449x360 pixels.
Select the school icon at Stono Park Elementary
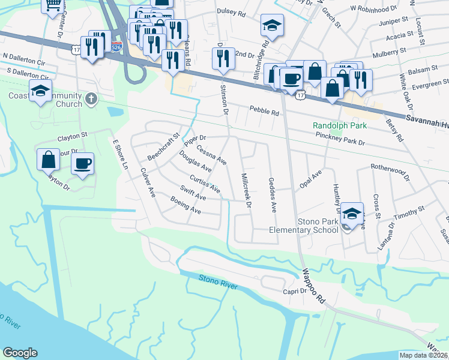tap(354, 212)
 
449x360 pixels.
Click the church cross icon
tap(91, 98)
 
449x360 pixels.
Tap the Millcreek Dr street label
tap(246, 190)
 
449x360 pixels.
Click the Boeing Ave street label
tap(185, 206)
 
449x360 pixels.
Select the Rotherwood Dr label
tap(390, 172)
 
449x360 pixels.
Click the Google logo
tap(20, 353)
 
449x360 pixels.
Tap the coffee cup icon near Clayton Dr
tap(83, 162)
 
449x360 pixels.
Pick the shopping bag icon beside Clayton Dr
tap(49, 160)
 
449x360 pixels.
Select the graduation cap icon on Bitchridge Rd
tap(272, 25)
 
